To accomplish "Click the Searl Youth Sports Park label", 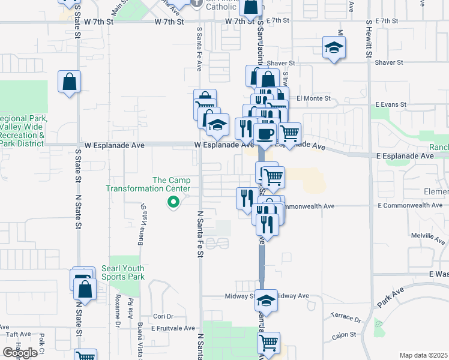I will pos(123,272).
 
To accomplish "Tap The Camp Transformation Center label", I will pos(148,184).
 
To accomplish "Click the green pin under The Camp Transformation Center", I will pos(173,203).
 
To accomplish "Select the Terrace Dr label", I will pos(345,315).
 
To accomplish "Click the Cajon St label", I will pos(344,334).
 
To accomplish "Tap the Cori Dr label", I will pos(163,316).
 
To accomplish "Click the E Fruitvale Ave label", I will pos(173,328).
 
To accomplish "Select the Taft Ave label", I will pos(18,334).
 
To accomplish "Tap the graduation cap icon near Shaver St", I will pos(333,47).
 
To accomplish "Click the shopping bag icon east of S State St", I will pos(70,82).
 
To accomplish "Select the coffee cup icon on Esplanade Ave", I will pos(265,133).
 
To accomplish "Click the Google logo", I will pos(20,353).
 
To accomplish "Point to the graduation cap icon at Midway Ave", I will pos(266,299).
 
